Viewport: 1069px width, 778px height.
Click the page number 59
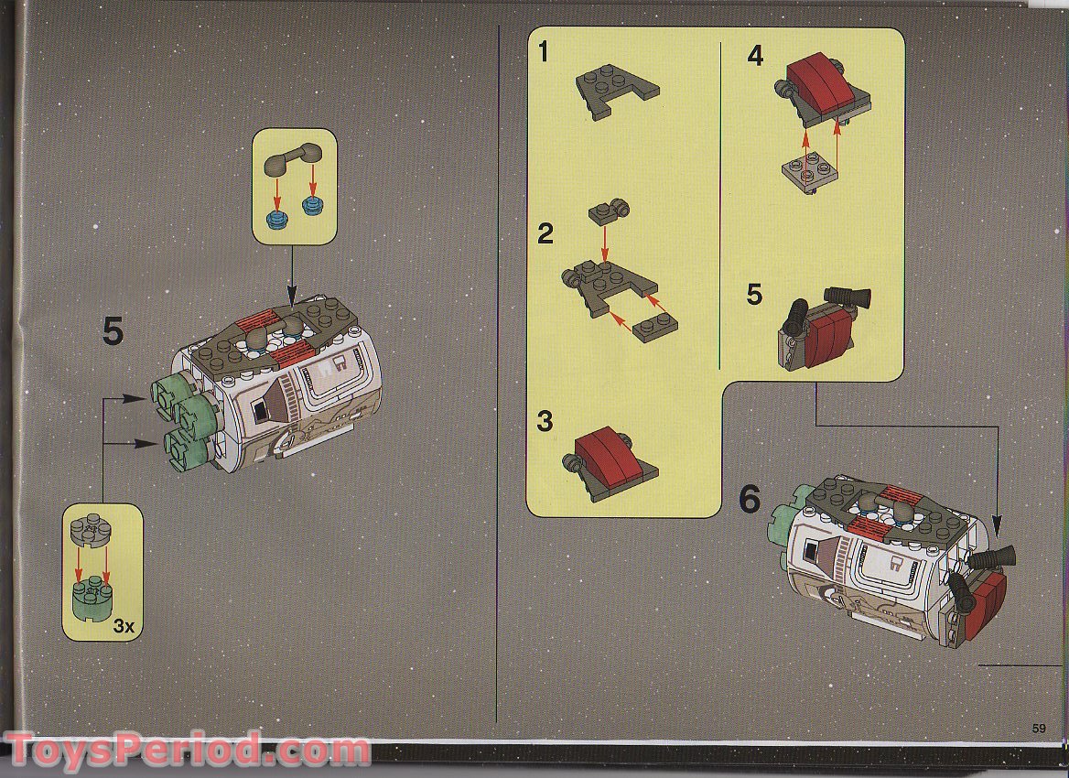(1038, 729)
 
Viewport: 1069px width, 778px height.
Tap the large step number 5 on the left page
(113, 332)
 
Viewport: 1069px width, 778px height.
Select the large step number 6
(750, 500)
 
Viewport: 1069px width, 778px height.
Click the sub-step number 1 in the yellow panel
(544, 52)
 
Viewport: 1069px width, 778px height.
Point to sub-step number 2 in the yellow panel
(545, 234)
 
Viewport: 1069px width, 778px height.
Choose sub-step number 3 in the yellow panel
(545, 421)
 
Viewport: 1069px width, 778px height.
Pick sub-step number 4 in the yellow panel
(755, 56)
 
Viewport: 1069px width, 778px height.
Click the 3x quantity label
(124, 626)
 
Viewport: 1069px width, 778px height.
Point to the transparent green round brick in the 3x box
(92, 597)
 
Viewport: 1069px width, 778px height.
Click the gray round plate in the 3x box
(91, 529)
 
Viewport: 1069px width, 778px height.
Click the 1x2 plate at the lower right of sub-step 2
(654, 328)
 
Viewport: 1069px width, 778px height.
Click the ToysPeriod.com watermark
(188, 750)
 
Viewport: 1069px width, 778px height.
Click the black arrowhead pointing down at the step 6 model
(998, 525)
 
